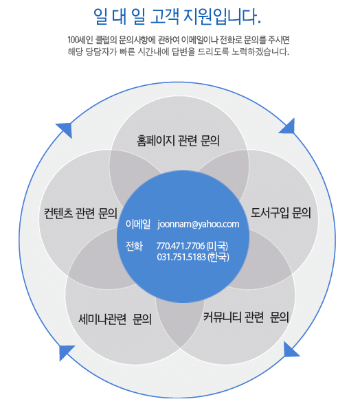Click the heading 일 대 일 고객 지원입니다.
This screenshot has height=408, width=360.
tap(177, 16)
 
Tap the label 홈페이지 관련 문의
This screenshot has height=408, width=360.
tap(178, 141)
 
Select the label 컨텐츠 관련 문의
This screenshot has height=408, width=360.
tap(80, 214)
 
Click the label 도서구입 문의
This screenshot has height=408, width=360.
tap(281, 213)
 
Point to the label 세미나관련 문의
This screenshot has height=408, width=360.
tap(115, 319)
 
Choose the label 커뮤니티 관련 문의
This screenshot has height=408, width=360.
tap(246, 317)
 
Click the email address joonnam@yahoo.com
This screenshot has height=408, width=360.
tap(198, 224)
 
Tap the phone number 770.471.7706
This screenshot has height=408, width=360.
tap(181, 246)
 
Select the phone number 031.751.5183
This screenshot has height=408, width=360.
tap(181, 257)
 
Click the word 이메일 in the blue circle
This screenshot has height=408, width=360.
tap(138, 224)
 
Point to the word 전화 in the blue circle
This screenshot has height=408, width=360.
tap(134, 246)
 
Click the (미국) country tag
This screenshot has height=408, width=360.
tap(217, 246)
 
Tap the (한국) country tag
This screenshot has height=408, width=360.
tap(218, 257)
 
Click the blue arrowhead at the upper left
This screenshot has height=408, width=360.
tap(65, 129)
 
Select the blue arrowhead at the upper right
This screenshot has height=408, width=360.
tap(288, 126)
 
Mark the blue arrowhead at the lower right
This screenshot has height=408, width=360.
tap(290, 350)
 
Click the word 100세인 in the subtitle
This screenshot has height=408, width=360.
tap(80, 40)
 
